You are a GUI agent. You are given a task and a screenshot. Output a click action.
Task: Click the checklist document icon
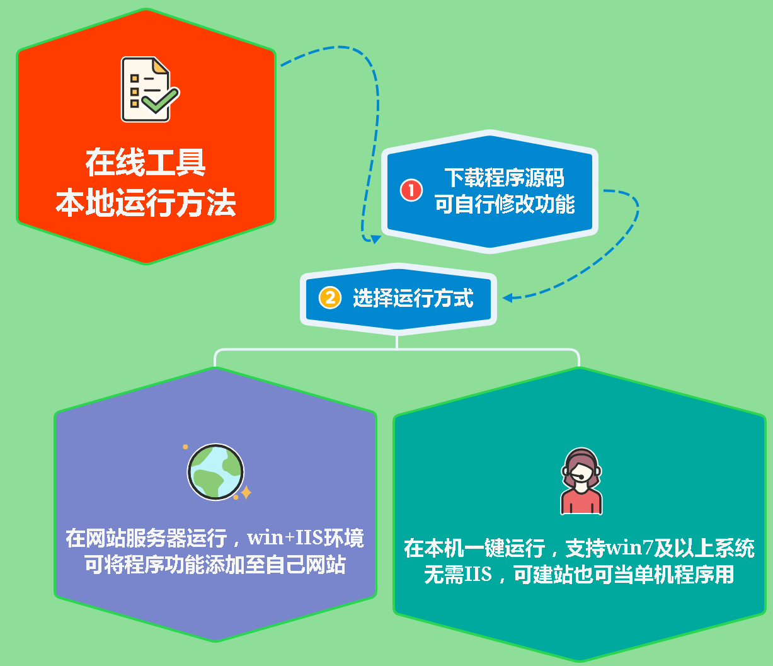pos(149,89)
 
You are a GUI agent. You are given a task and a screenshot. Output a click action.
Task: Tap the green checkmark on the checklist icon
pos(161,100)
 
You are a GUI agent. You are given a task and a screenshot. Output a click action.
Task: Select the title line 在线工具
pos(146,162)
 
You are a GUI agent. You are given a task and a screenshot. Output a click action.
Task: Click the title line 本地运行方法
pos(146,202)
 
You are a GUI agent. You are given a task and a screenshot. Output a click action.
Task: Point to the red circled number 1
pos(411,190)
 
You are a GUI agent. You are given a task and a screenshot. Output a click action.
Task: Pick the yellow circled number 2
pos(330,297)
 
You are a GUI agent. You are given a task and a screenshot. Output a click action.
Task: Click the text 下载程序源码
pos(504,177)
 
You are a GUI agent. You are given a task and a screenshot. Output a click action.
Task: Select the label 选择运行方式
pos(413,297)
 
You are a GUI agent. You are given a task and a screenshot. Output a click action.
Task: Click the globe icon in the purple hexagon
pos(215,471)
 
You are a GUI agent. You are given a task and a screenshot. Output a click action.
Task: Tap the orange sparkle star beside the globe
pos(246,493)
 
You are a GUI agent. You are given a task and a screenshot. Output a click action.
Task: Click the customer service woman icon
pos(581,481)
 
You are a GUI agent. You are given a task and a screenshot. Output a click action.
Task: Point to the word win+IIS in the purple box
pos(285,537)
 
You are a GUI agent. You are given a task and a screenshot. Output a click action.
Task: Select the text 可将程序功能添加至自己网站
pos(215,565)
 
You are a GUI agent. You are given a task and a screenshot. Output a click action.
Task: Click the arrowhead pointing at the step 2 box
pos(508,297)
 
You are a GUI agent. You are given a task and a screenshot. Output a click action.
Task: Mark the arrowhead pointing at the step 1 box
pos(375,239)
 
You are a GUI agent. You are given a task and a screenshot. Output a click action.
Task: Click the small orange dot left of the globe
pos(185,447)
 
